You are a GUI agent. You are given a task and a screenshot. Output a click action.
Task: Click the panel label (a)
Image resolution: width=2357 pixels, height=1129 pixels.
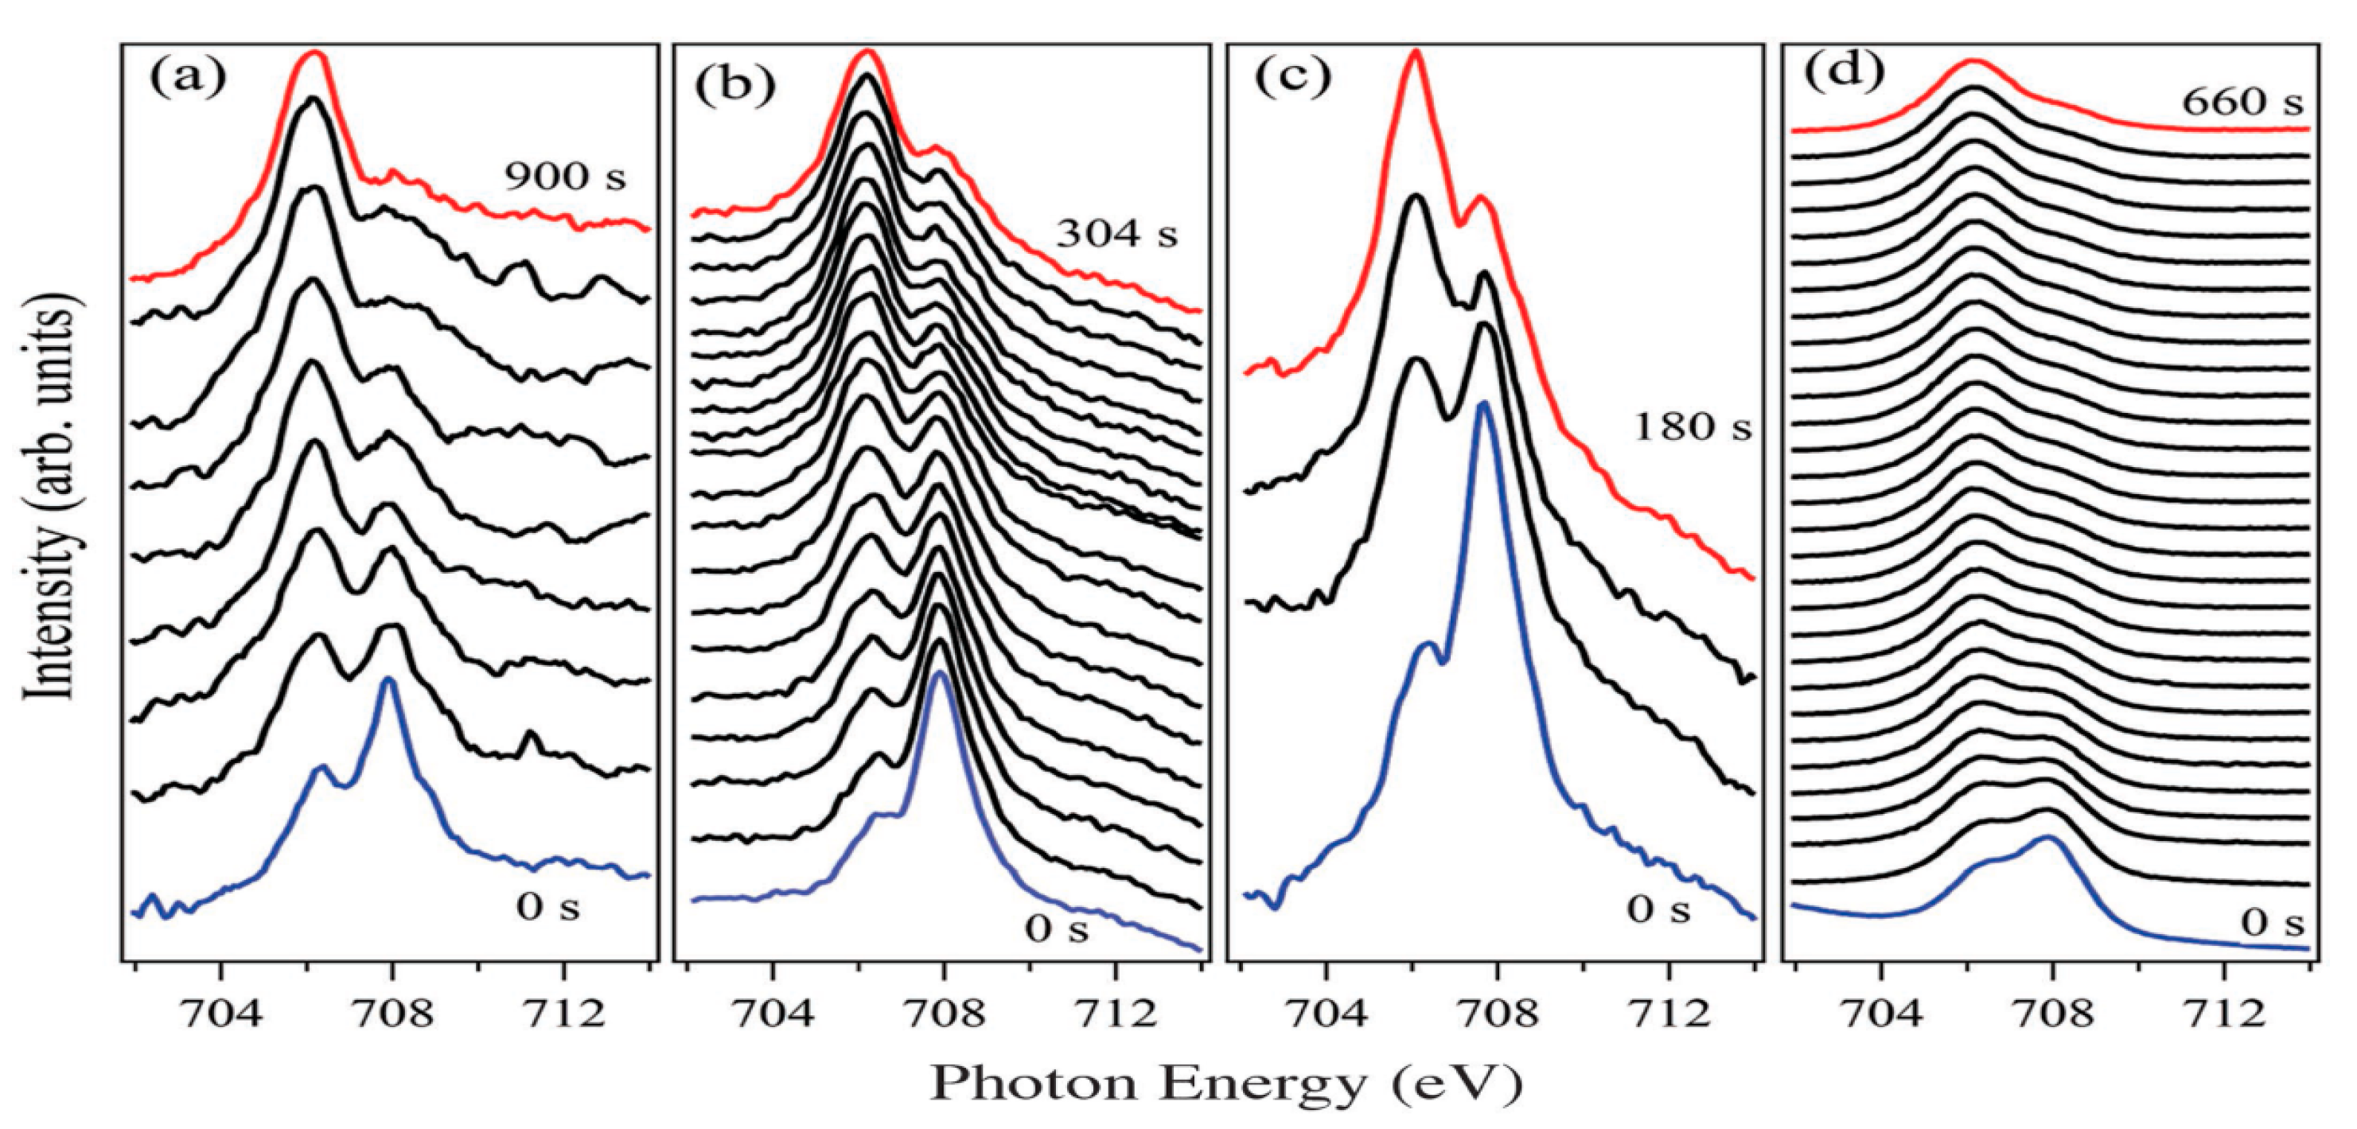tap(188, 79)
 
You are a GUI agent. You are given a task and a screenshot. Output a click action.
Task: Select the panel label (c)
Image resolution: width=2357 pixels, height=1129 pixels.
tap(1291, 79)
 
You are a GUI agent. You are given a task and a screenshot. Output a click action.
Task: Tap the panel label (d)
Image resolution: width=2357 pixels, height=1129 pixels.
tap(1844, 72)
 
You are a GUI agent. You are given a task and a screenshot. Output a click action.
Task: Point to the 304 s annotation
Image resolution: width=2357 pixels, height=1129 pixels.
tap(1117, 234)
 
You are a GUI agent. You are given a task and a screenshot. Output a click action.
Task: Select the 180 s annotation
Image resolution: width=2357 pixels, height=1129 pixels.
tap(1692, 426)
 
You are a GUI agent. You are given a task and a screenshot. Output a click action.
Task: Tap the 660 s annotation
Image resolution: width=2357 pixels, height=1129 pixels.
tap(2242, 102)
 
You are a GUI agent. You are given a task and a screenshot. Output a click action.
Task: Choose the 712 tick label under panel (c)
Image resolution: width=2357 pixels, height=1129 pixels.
tap(1668, 1014)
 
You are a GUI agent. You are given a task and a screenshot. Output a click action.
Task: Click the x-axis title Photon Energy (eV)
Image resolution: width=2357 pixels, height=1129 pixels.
tap(1226, 1084)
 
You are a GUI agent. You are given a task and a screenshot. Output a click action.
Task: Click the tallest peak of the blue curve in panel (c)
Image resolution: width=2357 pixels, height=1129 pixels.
tap(1483, 403)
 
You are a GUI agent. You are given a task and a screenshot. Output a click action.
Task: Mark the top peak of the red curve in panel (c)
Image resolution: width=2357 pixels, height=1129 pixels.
tap(1416, 53)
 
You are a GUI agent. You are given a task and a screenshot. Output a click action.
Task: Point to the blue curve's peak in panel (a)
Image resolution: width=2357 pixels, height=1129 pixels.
tap(388, 679)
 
